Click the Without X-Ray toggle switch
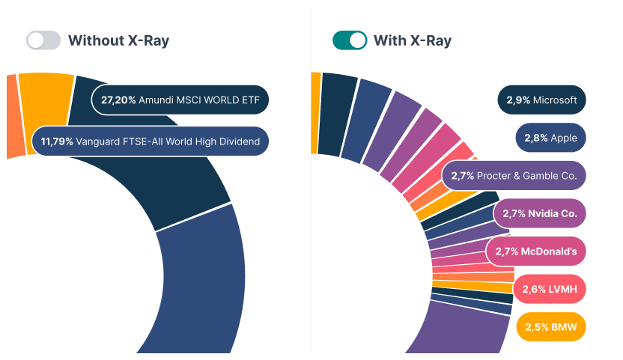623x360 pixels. point(43,40)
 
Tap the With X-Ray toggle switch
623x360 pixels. point(350,40)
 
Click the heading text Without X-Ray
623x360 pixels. point(118,40)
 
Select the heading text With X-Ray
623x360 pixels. point(413,40)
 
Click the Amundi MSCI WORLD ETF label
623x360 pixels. point(180,100)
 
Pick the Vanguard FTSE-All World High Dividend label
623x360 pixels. point(151,141)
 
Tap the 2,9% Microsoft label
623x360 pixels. point(541,100)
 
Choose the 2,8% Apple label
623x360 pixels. point(550,138)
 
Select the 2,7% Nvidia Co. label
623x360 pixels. point(539,213)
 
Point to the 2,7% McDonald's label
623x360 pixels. point(535,251)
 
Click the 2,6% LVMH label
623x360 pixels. point(549,289)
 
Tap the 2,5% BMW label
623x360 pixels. point(550,326)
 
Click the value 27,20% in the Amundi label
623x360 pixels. point(118,100)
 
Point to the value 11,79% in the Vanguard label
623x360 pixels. point(57,141)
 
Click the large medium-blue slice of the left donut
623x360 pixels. point(202,284)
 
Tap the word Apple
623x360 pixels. point(564,138)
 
